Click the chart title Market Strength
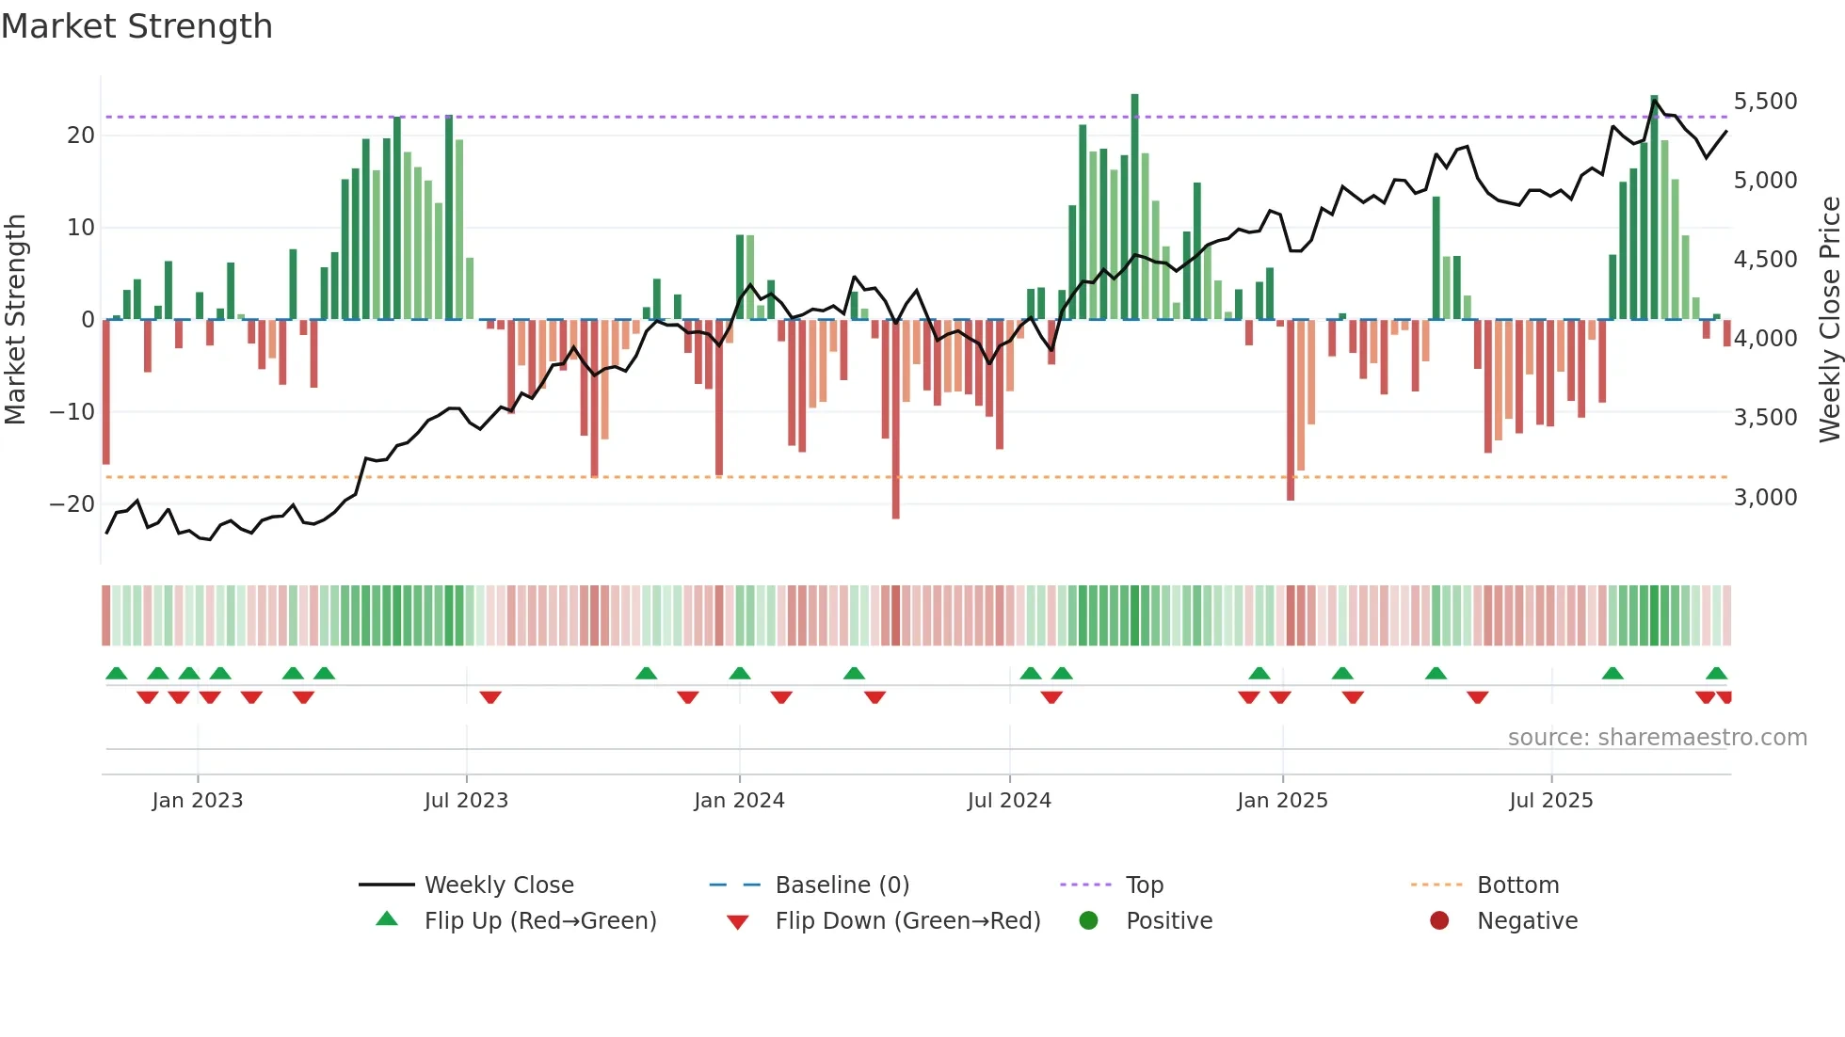pyautogui.click(x=136, y=26)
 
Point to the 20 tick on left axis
pyautogui.click(x=81, y=136)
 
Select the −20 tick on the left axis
pyautogui.click(x=72, y=504)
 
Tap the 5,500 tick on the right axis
pyautogui.click(x=1765, y=102)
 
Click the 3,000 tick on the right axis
pyautogui.click(x=1765, y=498)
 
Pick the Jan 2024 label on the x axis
pyautogui.click(x=739, y=801)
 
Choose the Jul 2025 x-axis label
pyautogui.click(x=1550, y=801)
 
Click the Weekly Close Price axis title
pyautogui.click(x=1829, y=320)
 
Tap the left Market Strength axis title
pyautogui.click(x=15, y=320)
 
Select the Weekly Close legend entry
pyautogui.click(x=499, y=885)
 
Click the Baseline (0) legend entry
pyautogui.click(x=842, y=885)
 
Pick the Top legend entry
pyautogui.click(x=1144, y=885)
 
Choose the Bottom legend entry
pyautogui.click(x=1517, y=885)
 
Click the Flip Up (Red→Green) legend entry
pyautogui.click(x=539, y=921)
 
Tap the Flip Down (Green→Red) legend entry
pyautogui.click(x=907, y=921)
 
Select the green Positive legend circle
pyautogui.click(x=1089, y=921)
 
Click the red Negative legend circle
pyautogui.click(x=1439, y=921)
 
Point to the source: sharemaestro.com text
pyautogui.click(x=1657, y=738)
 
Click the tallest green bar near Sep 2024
pyautogui.click(x=1134, y=207)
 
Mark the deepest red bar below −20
pyautogui.click(x=895, y=419)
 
